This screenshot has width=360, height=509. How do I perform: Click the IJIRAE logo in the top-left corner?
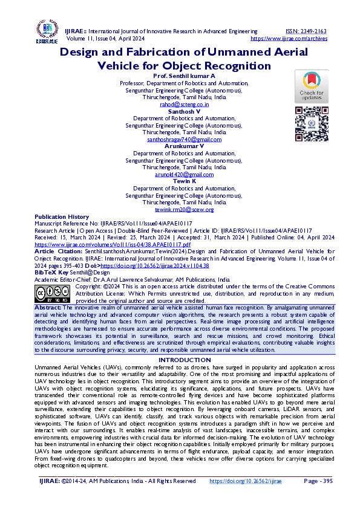(47, 33)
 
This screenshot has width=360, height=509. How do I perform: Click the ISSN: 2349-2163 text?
(306, 31)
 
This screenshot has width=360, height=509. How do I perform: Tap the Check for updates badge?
(311, 86)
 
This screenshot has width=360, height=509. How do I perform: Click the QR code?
(311, 124)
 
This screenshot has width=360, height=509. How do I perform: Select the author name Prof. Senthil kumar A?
(185, 76)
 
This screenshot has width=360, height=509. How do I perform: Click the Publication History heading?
(62, 216)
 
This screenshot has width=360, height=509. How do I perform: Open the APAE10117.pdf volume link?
(113, 244)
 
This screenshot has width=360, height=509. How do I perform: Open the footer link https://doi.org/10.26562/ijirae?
(246, 481)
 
